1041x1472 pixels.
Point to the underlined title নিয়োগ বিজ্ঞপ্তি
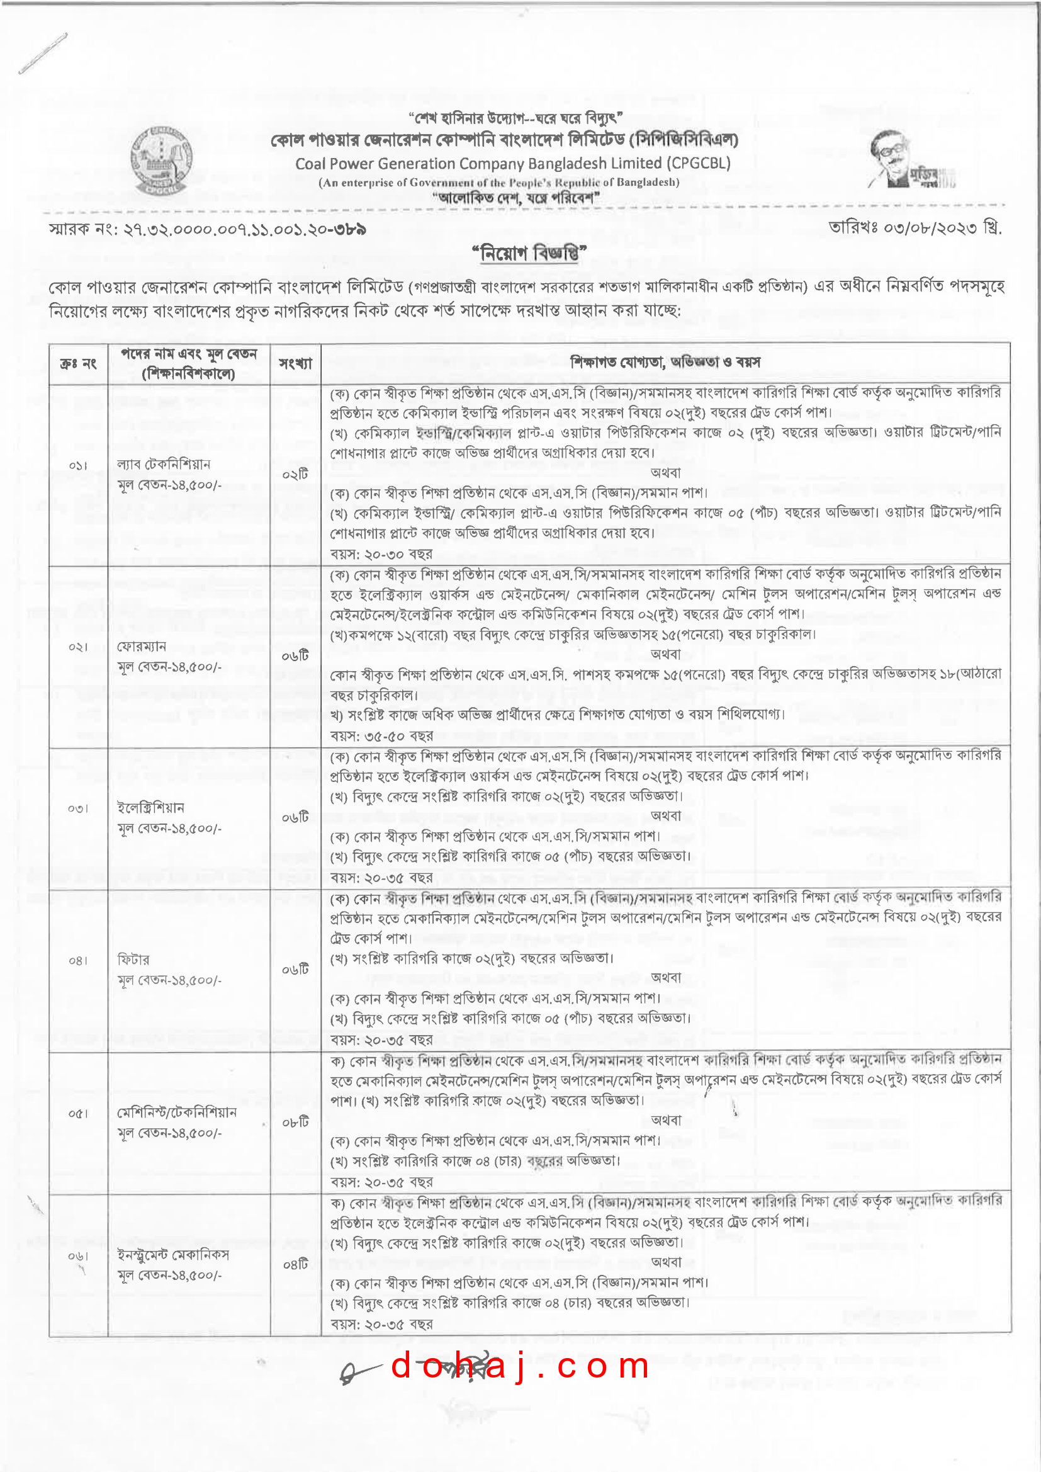[529, 253]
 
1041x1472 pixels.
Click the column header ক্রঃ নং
[78, 363]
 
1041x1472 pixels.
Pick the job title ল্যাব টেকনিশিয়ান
[164, 464]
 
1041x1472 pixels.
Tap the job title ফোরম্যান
[142, 646]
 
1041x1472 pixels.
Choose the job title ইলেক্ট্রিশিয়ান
[150, 807]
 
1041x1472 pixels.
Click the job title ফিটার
[133, 960]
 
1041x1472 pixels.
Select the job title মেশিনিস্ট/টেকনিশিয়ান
[177, 1112]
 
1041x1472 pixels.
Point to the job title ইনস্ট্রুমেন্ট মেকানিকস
[173, 1255]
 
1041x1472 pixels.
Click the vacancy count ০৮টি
[296, 1122]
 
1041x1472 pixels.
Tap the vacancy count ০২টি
[296, 475]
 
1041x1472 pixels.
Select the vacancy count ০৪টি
[296, 1265]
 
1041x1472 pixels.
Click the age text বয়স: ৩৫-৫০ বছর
[381, 735]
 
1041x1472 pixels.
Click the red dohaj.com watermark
[520, 1366]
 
